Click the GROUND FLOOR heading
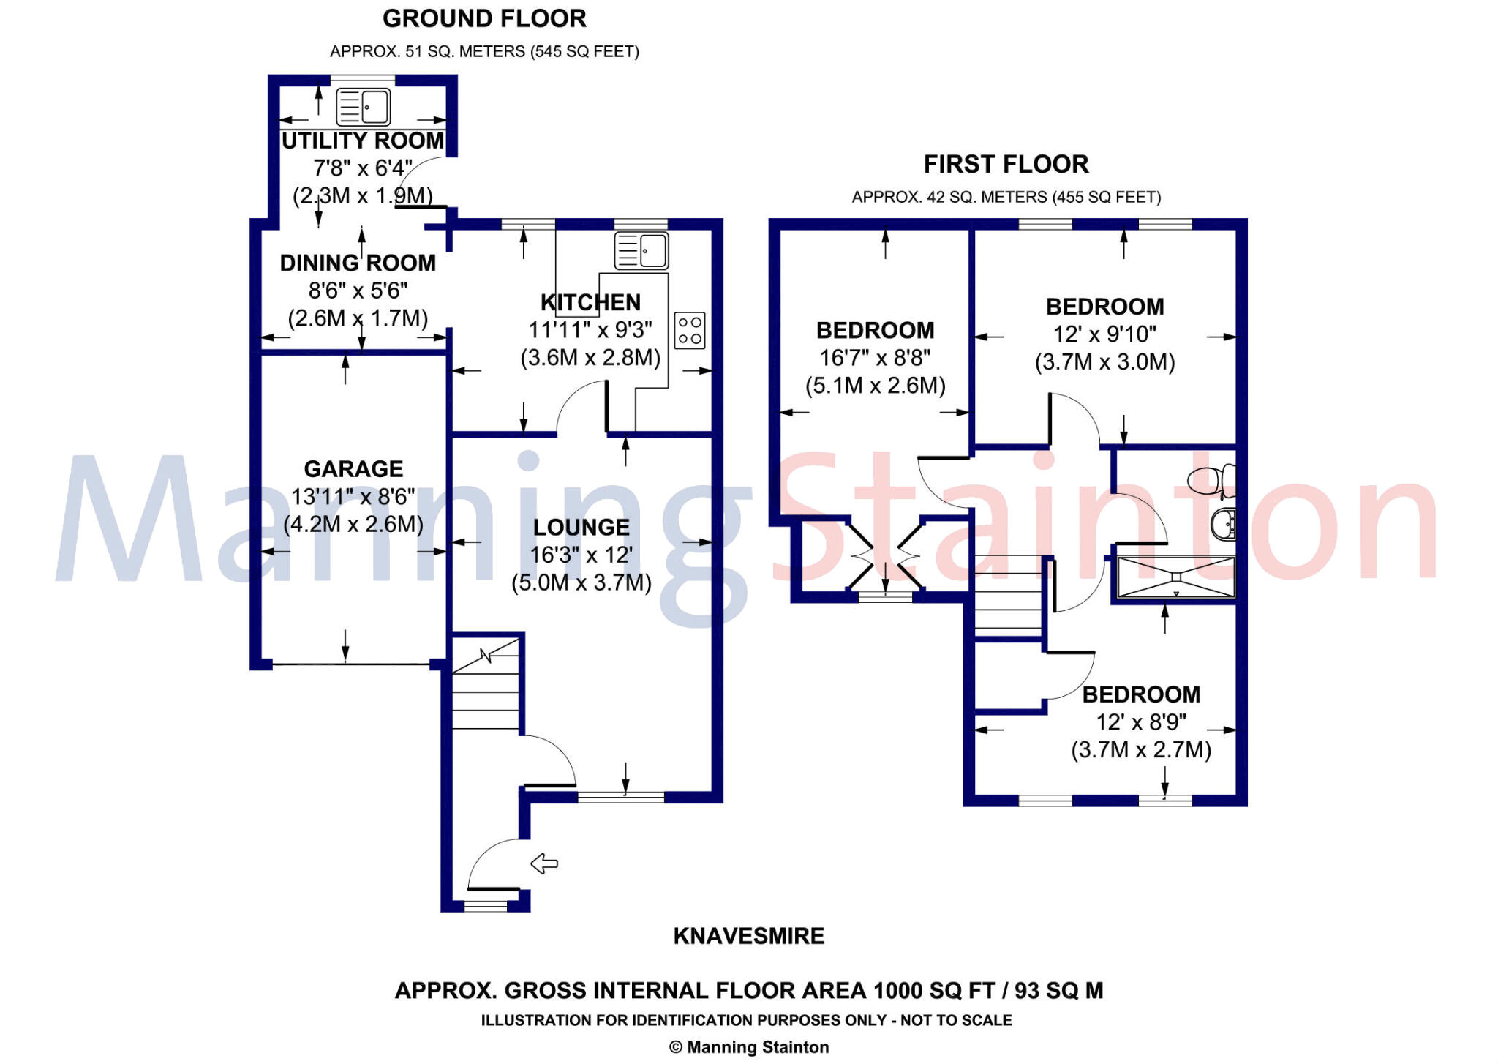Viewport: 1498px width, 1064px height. (x=484, y=19)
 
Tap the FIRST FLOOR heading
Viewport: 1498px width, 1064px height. (x=1006, y=164)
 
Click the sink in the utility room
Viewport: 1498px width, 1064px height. (x=363, y=108)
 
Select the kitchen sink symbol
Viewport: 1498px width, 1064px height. (x=641, y=250)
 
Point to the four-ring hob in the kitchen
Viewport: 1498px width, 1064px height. (x=689, y=330)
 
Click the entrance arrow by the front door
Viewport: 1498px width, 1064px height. (x=543, y=863)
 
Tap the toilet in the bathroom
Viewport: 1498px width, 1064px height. (x=1210, y=481)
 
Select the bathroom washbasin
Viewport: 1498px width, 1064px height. (x=1222, y=524)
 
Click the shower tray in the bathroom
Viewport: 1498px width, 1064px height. (x=1175, y=577)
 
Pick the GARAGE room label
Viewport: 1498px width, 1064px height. (x=353, y=469)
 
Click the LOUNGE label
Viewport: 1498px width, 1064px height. (x=581, y=528)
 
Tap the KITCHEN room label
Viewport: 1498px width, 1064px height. (x=590, y=302)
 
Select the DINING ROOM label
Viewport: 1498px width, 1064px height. (x=358, y=263)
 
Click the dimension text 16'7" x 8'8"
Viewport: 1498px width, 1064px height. (x=875, y=358)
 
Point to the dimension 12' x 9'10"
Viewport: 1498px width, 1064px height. (x=1104, y=334)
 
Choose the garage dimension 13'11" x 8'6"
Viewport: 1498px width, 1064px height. (x=353, y=497)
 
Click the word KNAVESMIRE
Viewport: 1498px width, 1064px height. (x=748, y=936)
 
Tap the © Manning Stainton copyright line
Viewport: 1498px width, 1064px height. (x=749, y=1047)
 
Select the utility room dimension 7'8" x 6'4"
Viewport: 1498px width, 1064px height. (x=363, y=168)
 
